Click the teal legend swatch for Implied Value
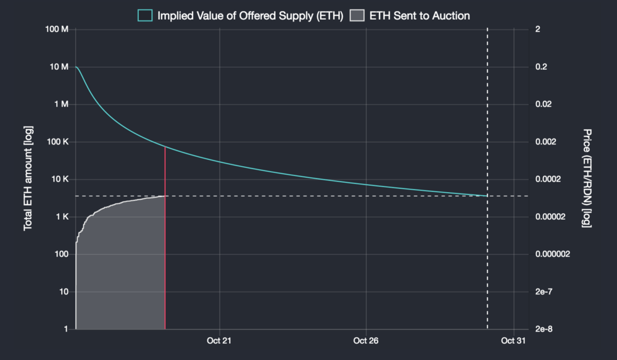pyautogui.click(x=146, y=15)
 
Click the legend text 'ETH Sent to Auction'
pyautogui.click(x=420, y=15)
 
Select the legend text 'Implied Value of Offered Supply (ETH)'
pyautogui.click(x=251, y=15)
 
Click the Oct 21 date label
pyautogui.click(x=219, y=340)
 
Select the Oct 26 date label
pyautogui.click(x=366, y=340)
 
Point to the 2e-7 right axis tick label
pyautogui.click(x=542, y=291)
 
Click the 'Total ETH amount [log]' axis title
pyautogui.click(x=28, y=179)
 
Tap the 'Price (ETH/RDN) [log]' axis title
pyautogui.click(x=587, y=179)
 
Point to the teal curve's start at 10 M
pyautogui.click(x=76, y=67)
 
